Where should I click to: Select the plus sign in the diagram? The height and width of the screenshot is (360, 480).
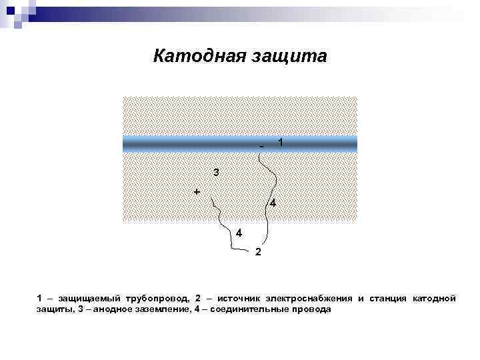tap(197, 191)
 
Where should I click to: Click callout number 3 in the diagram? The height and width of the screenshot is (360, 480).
tap(216, 173)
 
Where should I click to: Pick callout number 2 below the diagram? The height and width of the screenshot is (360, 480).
tap(259, 252)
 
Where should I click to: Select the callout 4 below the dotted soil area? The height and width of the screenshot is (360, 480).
tap(238, 233)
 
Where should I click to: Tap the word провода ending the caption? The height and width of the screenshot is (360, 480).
tap(310, 310)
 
